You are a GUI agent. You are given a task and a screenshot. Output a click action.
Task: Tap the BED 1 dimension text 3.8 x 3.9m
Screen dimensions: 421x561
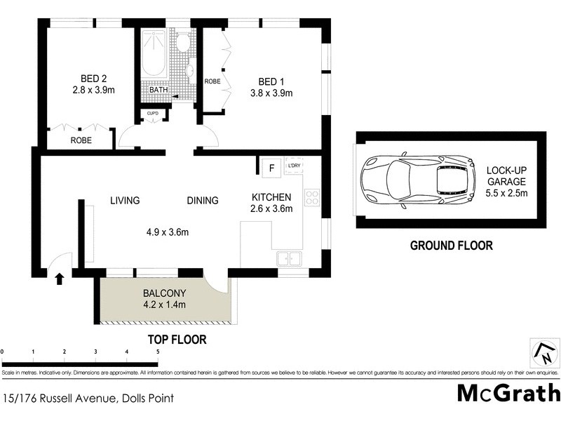point(271,93)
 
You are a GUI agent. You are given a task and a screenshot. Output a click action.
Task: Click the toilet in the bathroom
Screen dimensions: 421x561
point(184,41)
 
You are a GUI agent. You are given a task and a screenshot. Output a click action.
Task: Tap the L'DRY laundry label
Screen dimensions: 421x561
point(294,166)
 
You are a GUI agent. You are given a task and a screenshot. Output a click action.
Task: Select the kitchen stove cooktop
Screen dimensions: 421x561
point(312,198)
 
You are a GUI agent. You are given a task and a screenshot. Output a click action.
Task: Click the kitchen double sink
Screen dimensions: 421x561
point(288,259)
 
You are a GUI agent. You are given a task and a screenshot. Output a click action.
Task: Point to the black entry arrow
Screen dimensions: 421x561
point(59,279)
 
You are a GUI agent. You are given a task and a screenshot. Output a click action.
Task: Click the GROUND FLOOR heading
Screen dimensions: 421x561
point(451,246)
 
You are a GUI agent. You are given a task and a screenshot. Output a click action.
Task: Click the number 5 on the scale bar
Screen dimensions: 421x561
point(158,351)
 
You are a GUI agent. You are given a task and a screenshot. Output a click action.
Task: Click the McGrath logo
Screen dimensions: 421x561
point(508,393)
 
